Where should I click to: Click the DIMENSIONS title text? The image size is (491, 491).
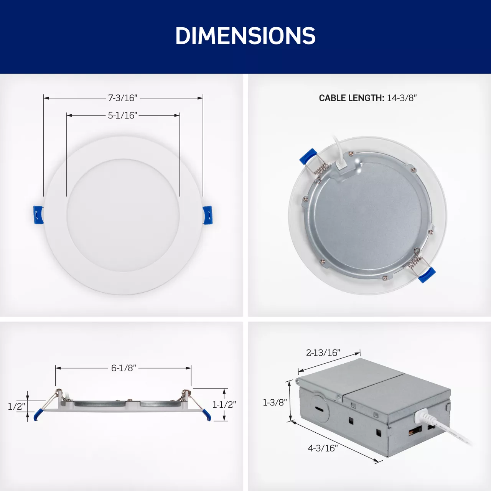[x=245, y=36]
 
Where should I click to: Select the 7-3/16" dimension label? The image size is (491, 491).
[x=123, y=98]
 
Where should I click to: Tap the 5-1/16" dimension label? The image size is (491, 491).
[x=123, y=115]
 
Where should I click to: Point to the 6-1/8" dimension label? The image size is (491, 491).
[x=124, y=368]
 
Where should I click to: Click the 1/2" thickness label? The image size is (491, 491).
[x=17, y=406]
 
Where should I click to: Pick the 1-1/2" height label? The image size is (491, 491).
[x=224, y=404]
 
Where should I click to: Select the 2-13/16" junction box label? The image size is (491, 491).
[x=323, y=353]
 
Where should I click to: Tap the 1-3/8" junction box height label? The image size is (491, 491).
[x=275, y=402]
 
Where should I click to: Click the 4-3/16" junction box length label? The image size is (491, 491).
[x=323, y=448]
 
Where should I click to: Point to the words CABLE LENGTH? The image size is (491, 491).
[x=352, y=98]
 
